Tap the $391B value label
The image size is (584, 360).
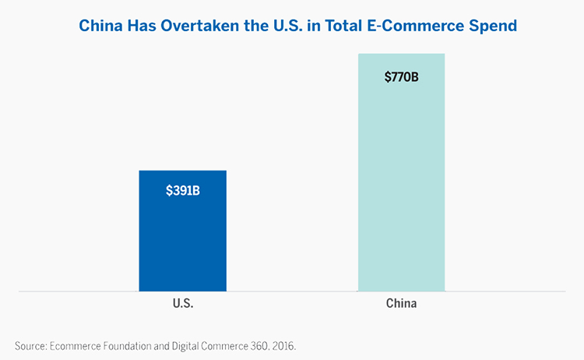(183, 191)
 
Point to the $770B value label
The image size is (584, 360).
(402, 78)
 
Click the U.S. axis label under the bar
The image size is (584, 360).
(182, 304)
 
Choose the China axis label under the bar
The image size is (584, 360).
(402, 304)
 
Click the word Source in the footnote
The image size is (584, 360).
(30, 344)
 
